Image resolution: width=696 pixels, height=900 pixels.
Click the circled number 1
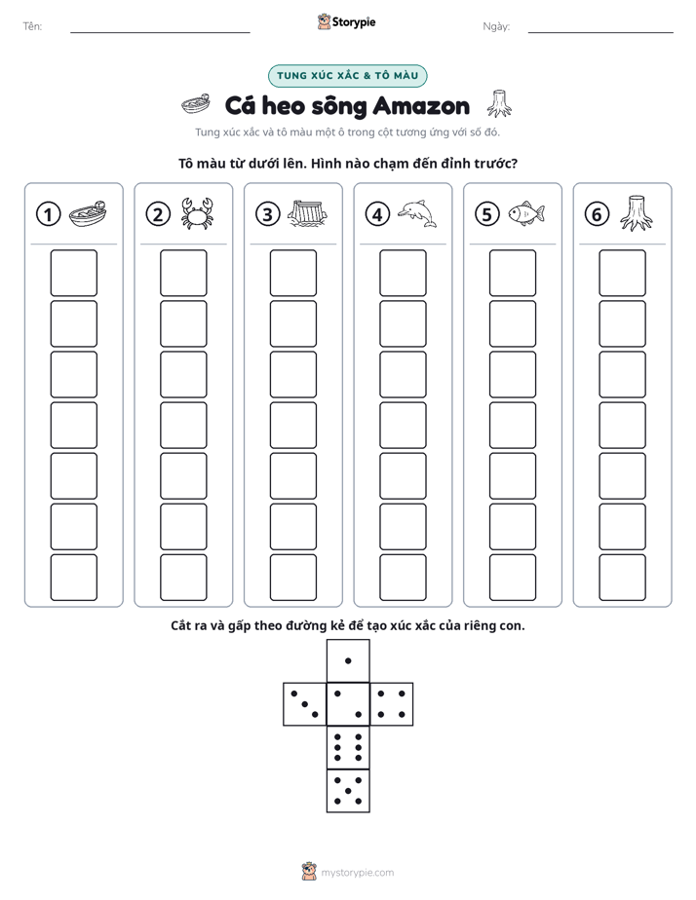click(x=48, y=214)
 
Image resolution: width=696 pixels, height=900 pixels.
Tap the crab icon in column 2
click(x=197, y=213)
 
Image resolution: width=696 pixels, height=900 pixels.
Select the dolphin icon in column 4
click(x=417, y=213)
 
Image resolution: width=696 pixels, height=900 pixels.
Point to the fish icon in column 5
click(x=526, y=213)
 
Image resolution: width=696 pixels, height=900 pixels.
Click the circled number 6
click(x=597, y=214)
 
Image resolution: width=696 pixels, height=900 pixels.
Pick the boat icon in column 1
click(x=88, y=214)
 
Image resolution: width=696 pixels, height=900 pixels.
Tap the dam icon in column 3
click(x=308, y=214)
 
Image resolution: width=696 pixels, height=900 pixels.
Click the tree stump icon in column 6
click(x=637, y=213)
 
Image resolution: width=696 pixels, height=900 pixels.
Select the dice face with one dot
click(x=348, y=660)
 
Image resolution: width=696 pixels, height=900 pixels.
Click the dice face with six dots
click(x=348, y=747)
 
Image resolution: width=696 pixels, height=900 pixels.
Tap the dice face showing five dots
click(x=348, y=790)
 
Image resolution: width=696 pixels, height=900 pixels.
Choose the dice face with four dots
click(x=392, y=704)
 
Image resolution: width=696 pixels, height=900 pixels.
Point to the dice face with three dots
click(x=305, y=704)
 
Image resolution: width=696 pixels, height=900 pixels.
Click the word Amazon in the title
click(x=421, y=106)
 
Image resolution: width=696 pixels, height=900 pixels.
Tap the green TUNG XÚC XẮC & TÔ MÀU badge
click(x=347, y=76)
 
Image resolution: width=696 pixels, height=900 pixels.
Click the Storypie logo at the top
click(x=346, y=21)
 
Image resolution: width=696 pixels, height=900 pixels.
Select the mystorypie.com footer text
click(x=357, y=873)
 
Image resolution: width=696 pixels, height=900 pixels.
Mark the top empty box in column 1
click(x=73, y=273)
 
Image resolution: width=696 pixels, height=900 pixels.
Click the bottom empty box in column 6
click(x=622, y=578)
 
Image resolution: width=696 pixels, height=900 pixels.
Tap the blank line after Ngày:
click(x=600, y=32)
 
